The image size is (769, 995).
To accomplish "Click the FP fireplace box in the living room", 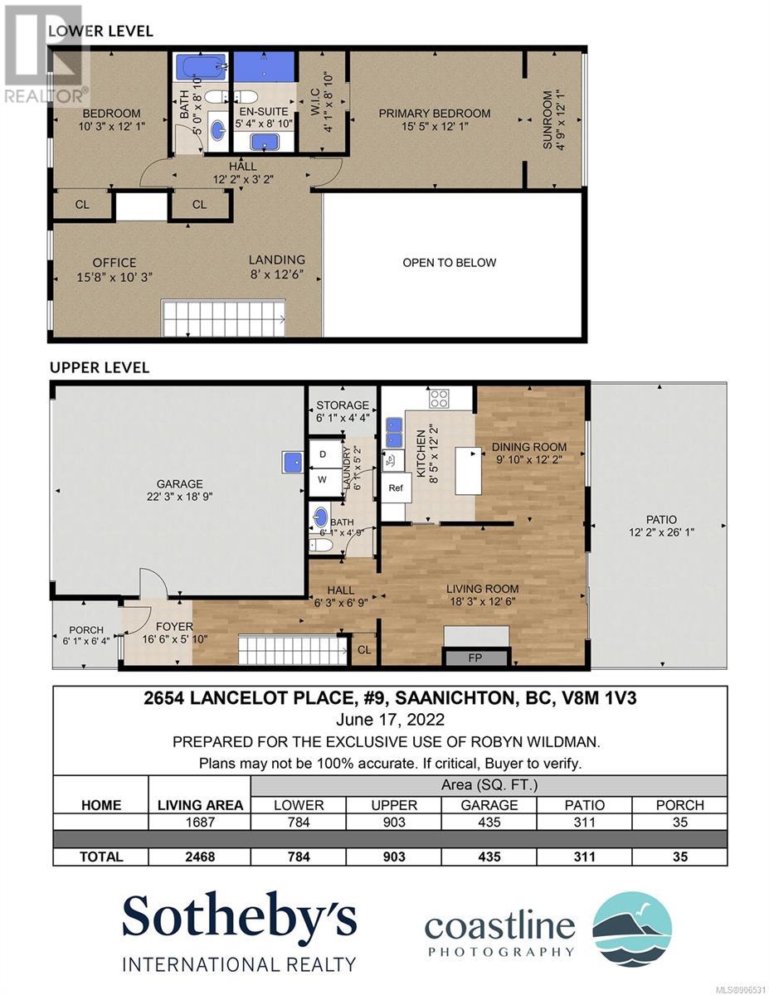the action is click(475, 658).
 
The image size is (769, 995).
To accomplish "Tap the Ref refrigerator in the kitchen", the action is click(395, 488).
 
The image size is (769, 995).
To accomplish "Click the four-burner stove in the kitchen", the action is click(438, 398).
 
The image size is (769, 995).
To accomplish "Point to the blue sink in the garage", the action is click(292, 463).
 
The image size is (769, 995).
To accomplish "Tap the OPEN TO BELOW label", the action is click(449, 263).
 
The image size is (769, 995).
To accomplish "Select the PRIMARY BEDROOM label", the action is click(434, 114).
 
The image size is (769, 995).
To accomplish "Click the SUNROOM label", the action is click(548, 120).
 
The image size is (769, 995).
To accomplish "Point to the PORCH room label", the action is click(86, 630).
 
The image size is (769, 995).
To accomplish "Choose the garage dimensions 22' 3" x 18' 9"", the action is click(179, 497).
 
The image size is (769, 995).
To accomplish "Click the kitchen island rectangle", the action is click(468, 471).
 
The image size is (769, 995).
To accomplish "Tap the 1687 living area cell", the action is click(200, 823).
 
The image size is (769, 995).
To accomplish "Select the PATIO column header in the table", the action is click(584, 805).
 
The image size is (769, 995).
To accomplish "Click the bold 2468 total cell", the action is click(200, 857).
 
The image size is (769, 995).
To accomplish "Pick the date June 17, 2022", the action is click(390, 720).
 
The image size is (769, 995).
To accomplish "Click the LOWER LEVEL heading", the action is click(100, 32).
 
